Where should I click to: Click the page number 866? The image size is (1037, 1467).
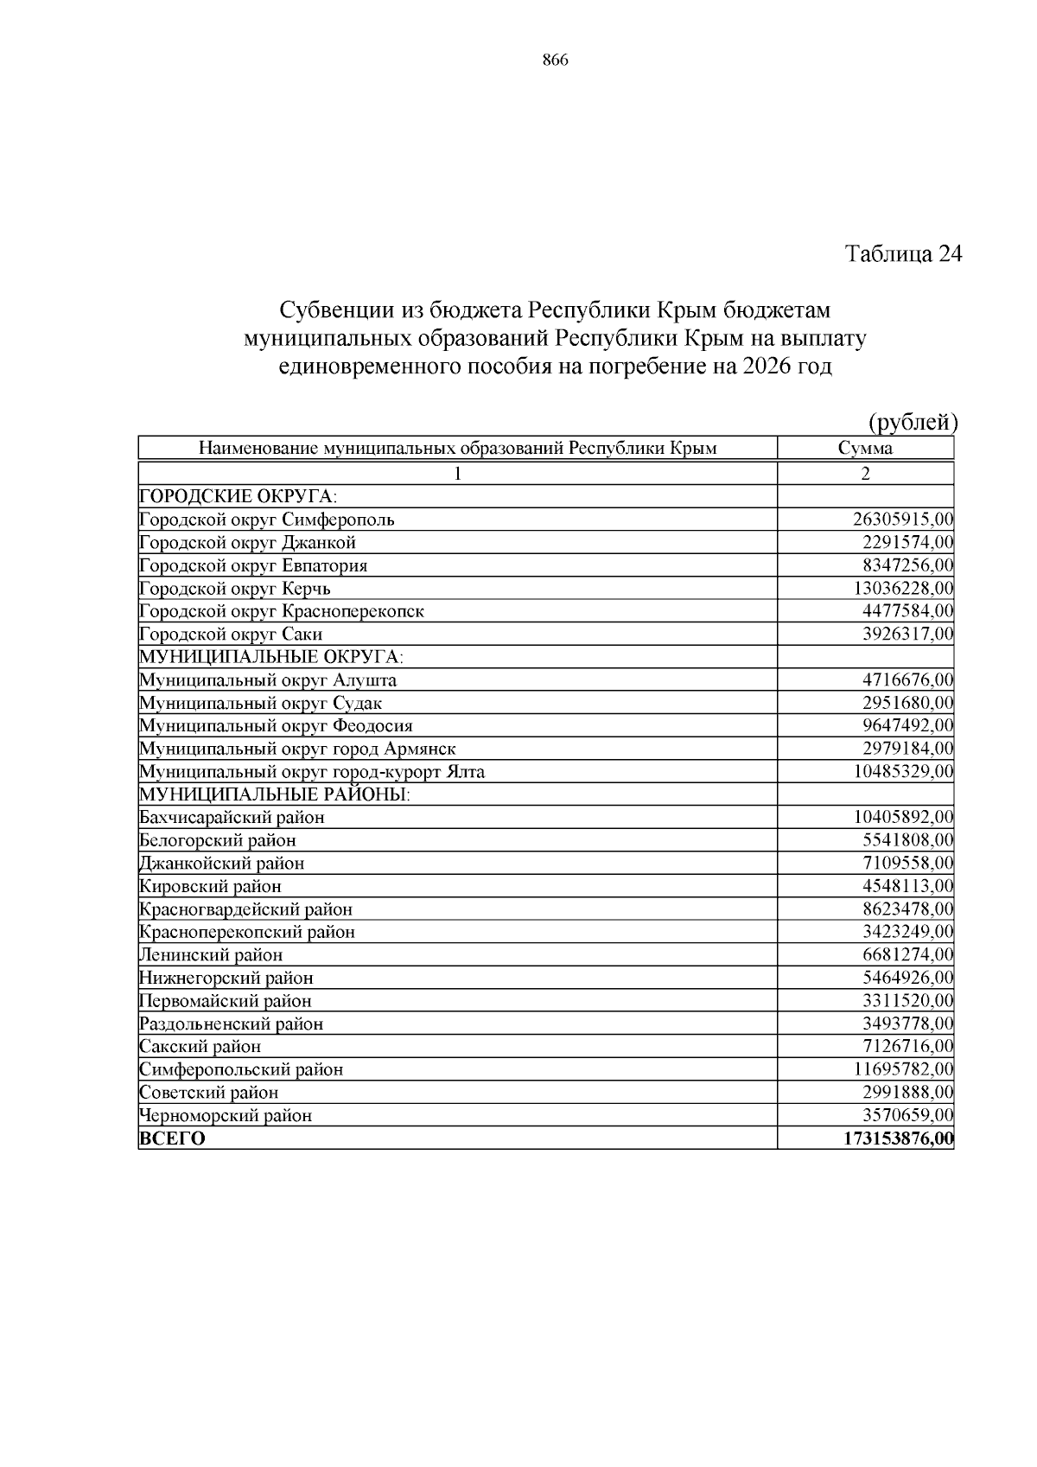point(555,61)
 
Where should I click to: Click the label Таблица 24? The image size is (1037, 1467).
point(903,254)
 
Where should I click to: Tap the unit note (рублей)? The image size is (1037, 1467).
point(913,422)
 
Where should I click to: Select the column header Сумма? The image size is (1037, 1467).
point(865,448)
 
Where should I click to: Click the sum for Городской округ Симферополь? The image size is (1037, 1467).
point(902,520)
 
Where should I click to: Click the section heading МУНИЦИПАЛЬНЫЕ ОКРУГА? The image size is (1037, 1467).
point(271,657)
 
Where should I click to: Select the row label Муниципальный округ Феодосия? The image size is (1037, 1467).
point(276,726)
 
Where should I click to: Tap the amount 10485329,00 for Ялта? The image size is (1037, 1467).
point(903,771)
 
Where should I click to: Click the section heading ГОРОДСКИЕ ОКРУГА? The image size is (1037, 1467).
point(238,496)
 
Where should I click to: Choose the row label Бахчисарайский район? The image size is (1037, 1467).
point(232,817)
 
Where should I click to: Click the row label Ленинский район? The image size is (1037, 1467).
point(211,955)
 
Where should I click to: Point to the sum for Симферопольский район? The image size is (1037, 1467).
point(903,1069)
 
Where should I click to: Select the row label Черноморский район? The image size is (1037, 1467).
point(226,1115)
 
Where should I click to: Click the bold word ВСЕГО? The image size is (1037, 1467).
point(173,1139)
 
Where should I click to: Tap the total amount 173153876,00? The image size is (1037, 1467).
point(898,1139)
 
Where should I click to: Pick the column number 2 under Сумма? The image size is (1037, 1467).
point(865,473)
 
